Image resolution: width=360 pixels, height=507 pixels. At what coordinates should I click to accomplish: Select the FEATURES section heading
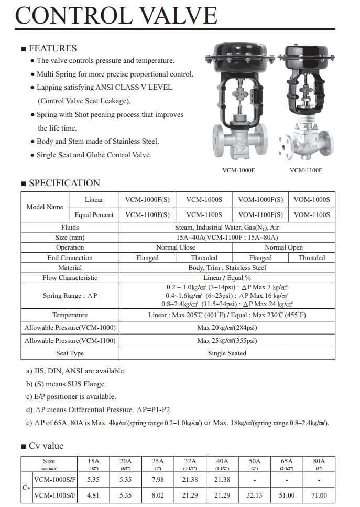tap(52, 48)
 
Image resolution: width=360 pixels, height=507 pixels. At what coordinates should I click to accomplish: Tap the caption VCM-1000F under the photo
tap(238, 170)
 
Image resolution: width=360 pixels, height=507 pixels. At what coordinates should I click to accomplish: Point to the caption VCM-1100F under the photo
tap(306, 170)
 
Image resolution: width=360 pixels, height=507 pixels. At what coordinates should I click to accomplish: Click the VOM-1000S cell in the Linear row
tap(312, 200)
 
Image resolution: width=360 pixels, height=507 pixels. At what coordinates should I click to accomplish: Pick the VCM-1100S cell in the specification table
tap(204, 215)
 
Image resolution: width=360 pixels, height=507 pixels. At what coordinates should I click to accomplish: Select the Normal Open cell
tap(283, 247)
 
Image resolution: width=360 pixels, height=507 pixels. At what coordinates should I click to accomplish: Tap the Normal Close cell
tap(176, 247)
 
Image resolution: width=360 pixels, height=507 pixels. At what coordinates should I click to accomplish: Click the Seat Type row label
tap(70, 353)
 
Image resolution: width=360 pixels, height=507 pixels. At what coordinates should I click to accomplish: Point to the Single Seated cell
tap(227, 353)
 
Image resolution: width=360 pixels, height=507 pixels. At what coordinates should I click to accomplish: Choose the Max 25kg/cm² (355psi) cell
tap(227, 341)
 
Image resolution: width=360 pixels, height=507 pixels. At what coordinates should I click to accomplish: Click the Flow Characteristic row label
tap(70, 278)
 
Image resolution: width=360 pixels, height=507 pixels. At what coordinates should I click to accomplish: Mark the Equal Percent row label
tap(94, 215)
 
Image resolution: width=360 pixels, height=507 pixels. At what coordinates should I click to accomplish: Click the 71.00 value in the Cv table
tap(319, 495)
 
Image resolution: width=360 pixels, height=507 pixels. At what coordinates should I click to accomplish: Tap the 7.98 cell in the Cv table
tap(158, 479)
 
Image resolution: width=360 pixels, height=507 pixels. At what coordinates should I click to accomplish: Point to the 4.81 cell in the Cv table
tap(93, 495)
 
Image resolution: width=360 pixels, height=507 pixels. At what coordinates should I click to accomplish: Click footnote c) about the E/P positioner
tap(71, 397)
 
